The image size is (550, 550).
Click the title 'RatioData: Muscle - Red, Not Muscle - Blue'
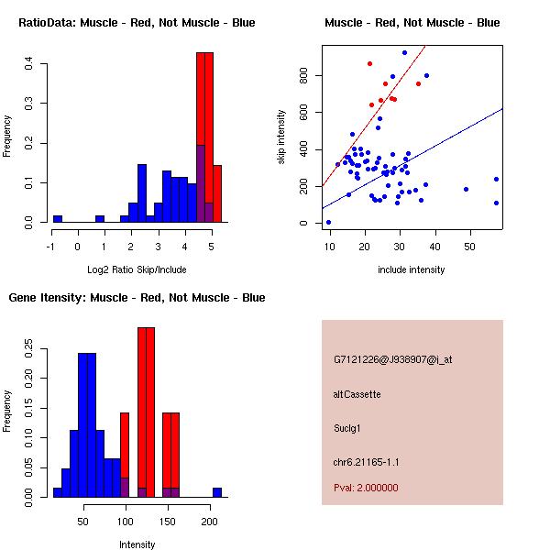point(137,22)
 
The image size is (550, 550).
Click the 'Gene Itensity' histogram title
point(137,297)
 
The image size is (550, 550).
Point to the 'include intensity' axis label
point(412,269)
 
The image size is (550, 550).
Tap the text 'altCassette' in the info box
point(357,393)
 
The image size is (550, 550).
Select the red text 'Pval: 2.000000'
point(366,488)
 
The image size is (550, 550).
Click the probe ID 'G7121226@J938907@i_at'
point(392,359)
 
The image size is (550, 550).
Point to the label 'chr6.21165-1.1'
point(366,461)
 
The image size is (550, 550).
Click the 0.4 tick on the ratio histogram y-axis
point(30,63)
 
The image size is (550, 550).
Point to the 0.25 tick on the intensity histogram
point(30,349)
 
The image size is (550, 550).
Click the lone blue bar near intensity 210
point(217,492)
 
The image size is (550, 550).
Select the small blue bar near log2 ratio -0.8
point(58,219)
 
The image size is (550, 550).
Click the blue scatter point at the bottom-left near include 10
point(329,222)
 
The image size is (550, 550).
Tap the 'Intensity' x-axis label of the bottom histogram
point(137,544)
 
